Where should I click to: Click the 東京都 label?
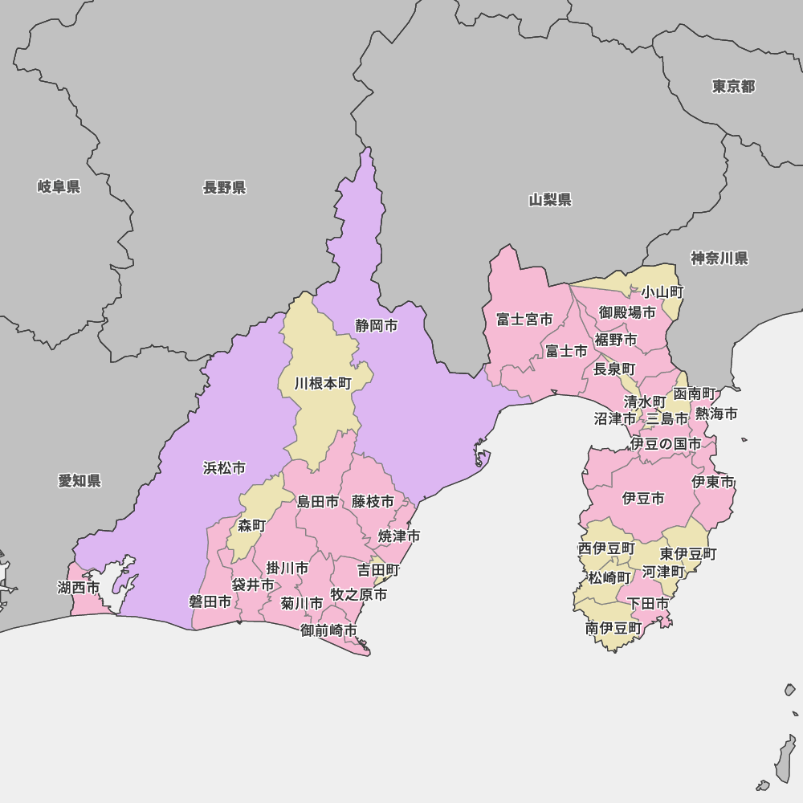tap(733, 87)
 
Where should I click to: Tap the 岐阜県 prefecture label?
tap(59, 187)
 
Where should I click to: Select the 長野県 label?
tap(224, 188)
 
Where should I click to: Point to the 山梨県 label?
tap(550, 200)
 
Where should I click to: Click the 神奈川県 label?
tap(719, 259)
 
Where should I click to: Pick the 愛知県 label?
tap(79, 481)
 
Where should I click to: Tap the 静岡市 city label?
tap(377, 326)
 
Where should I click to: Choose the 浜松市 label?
tap(224, 468)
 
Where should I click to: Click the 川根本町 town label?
tap(323, 384)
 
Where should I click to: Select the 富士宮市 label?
tap(524, 320)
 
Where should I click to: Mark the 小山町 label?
tap(662, 292)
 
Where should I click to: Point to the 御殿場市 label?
tap(627, 312)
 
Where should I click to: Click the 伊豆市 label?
tap(643, 499)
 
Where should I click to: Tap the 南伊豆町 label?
tap(613, 629)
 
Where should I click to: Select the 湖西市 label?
tap(79, 588)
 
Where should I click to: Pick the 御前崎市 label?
tap(329, 630)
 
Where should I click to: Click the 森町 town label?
tap(251, 526)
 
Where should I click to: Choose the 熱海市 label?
tap(716, 414)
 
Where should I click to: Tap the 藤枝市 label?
tap(373, 502)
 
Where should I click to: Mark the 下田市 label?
tap(648, 603)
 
